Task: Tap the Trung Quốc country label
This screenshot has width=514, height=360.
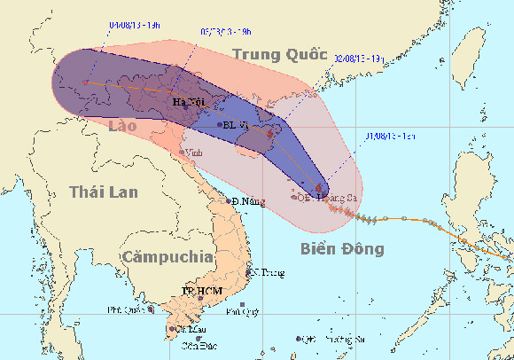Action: pyautogui.click(x=274, y=55)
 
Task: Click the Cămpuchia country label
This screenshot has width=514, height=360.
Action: pyautogui.click(x=168, y=256)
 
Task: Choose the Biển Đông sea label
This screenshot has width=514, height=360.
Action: pyautogui.click(x=341, y=248)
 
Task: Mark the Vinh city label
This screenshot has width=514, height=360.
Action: pyautogui.click(x=194, y=153)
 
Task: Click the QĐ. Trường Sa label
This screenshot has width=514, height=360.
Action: pyautogui.click(x=334, y=339)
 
